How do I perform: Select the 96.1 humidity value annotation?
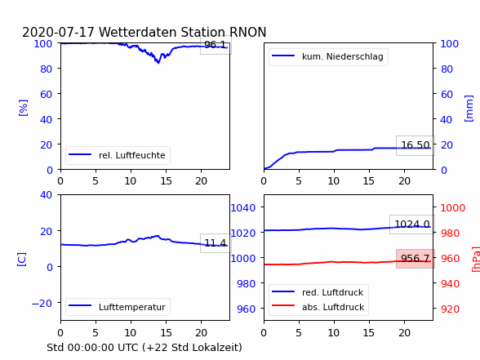(x=216, y=45)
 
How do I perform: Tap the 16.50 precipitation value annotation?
(x=415, y=145)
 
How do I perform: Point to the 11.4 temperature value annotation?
(x=216, y=243)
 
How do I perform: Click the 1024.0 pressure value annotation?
(x=412, y=224)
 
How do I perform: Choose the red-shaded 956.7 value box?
(x=415, y=259)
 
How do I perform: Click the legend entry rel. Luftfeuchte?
(x=118, y=155)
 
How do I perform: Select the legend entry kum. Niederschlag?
(x=328, y=56)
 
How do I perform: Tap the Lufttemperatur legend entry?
(x=118, y=307)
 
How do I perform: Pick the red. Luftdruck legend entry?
(x=318, y=292)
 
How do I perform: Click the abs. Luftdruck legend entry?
(x=318, y=307)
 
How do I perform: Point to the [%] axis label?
(x=23, y=108)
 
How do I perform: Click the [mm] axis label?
(x=469, y=109)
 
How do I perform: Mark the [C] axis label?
(x=22, y=260)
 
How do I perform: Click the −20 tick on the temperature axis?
(x=42, y=304)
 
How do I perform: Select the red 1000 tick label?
(x=453, y=208)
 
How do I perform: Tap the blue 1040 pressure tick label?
(x=242, y=208)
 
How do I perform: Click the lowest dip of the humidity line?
(x=158, y=63)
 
